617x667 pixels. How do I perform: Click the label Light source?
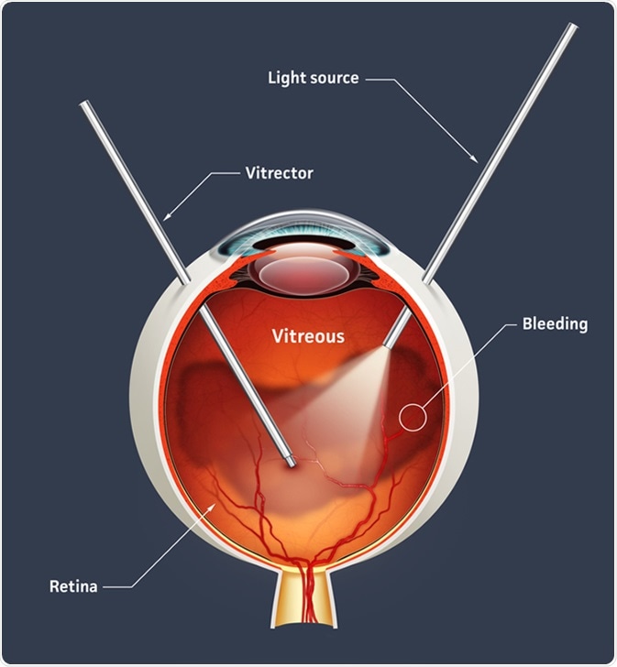click(x=314, y=78)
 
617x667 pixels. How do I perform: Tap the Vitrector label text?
click(x=279, y=173)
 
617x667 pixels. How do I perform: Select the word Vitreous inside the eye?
click(x=308, y=336)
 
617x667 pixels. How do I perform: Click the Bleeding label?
click(x=555, y=324)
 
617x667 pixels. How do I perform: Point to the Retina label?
click(x=73, y=586)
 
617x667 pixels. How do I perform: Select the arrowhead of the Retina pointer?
click(x=213, y=506)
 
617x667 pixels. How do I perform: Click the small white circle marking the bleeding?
click(x=413, y=417)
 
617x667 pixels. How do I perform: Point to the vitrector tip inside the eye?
click(x=292, y=463)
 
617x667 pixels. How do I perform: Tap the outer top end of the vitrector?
click(x=84, y=104)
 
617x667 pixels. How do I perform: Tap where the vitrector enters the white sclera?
click(x=185, y=279)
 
